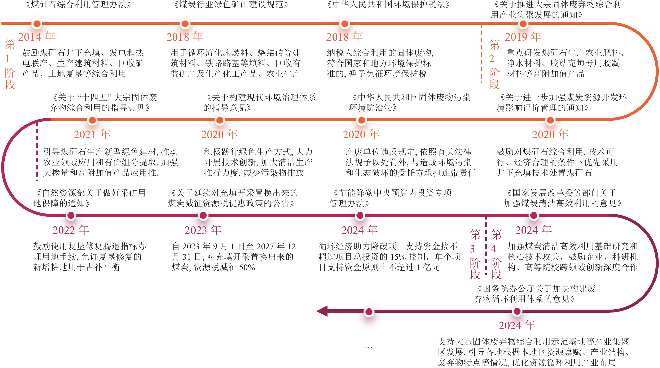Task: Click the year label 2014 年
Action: [36, 37]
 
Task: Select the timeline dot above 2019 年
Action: [523, 24]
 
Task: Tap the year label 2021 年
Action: [92, 134]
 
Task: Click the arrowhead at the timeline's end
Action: [322, 311]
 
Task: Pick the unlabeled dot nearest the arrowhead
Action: [369, 312]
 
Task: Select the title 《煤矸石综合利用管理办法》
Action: [78, 5]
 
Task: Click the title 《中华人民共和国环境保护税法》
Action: [388, 5]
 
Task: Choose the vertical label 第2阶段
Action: [494, 64]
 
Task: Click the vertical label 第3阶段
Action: [475, 254]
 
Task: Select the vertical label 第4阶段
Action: [496, 254]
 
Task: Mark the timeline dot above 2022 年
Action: [71, 215]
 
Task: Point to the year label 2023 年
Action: [203, 230]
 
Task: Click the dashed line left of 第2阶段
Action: [481, 54]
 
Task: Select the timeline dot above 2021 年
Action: [92, 120]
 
